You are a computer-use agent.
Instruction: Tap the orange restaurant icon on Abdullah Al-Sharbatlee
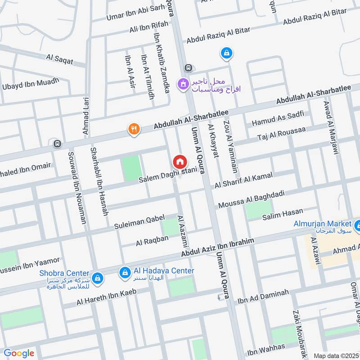coord(134,130)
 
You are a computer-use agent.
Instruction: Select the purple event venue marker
coord(183,84)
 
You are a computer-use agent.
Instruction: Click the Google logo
coord(19,353)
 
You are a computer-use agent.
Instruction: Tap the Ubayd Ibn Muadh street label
coord(31,84)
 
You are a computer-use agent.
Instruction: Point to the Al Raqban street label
coord(152,242)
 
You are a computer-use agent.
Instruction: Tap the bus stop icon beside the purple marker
coord(188,68)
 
